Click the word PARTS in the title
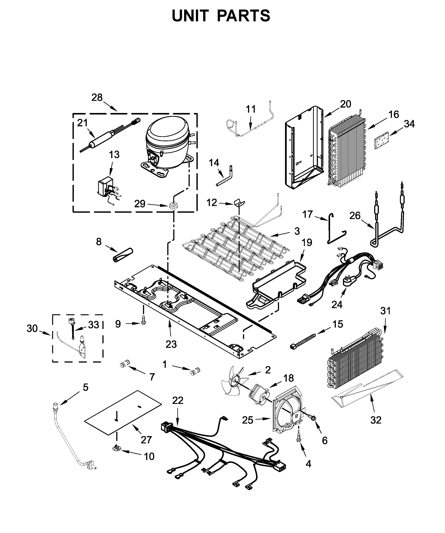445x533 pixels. pyautogui.click(x=243, y=16)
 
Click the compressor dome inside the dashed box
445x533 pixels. pyautogui.click(x=167, y=135)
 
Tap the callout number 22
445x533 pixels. pyautogui.click(x=178, y=400)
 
